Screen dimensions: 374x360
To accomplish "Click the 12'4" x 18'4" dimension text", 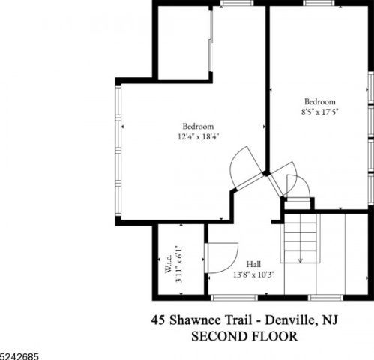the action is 199,137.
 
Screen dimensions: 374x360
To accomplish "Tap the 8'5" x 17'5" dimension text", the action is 320,112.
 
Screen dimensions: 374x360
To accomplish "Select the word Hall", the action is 253,264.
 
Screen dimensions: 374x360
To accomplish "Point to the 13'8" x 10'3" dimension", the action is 254,274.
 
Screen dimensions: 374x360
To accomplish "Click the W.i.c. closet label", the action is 169,263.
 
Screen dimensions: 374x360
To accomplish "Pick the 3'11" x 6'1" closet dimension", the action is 179,264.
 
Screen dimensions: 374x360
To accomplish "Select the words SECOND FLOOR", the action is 244,336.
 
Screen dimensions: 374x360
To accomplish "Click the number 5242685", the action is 19,356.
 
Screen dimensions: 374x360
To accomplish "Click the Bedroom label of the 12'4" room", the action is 198,126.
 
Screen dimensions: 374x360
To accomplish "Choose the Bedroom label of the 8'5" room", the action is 320,101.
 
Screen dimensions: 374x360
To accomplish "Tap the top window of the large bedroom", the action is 237,3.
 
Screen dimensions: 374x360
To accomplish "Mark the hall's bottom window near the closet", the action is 235,298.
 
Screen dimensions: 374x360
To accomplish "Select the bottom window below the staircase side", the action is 325,298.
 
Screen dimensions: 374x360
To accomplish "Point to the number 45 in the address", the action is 158,320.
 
